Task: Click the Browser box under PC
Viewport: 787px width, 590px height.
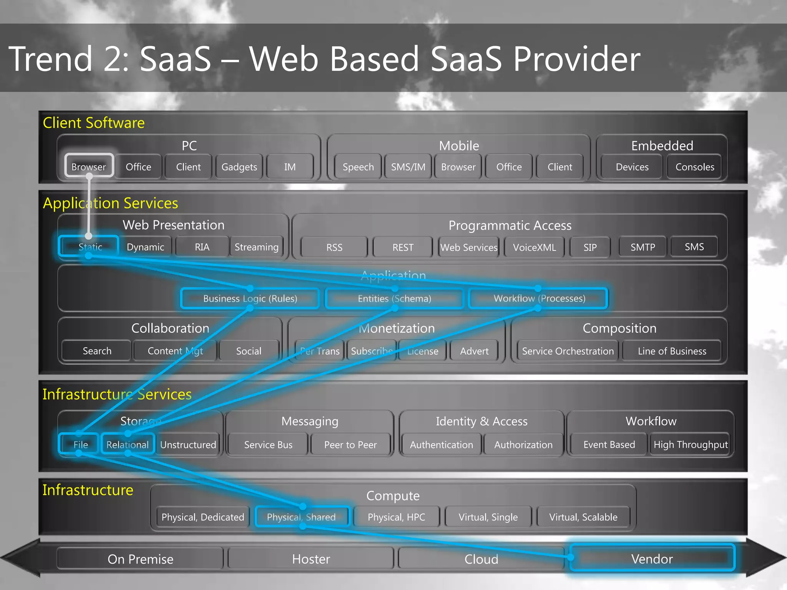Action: click(x=89, y=166)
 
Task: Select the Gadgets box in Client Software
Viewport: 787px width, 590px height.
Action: click(x=239, y=167)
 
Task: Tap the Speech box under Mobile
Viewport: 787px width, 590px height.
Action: click(x=358, y=167)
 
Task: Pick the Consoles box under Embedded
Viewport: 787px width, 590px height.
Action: click(x=695, y=167)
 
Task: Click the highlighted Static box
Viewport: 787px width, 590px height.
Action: click(x=89, y=247)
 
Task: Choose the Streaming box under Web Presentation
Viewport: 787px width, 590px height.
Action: click(x=256, y=247)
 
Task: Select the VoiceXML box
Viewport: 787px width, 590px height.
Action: click(x=534, y=247)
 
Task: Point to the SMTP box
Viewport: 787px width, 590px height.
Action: click(x=643, y=247)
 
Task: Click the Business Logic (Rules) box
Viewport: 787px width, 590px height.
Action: click(x=250, y=298)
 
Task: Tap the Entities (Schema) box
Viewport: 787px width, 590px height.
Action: click(x=394, y=298)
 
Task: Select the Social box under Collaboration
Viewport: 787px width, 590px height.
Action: click(x=249, y=351)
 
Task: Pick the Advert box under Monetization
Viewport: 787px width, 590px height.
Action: click(x=474, y=351)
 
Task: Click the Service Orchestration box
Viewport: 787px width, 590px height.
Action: click(x=568, y=351)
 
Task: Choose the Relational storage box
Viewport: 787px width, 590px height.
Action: click(x=127, y=444)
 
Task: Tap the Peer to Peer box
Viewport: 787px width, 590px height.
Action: click(x=350, y=444)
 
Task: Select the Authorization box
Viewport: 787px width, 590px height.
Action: click(x=523, y=444)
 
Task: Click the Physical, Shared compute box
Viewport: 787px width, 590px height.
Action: click(x=301, y=517)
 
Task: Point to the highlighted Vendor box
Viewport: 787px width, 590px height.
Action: click(x=652, y=559)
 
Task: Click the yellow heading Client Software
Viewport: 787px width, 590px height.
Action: click(x=94, y=123)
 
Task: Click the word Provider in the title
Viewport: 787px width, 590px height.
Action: click(x=576, y=59)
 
